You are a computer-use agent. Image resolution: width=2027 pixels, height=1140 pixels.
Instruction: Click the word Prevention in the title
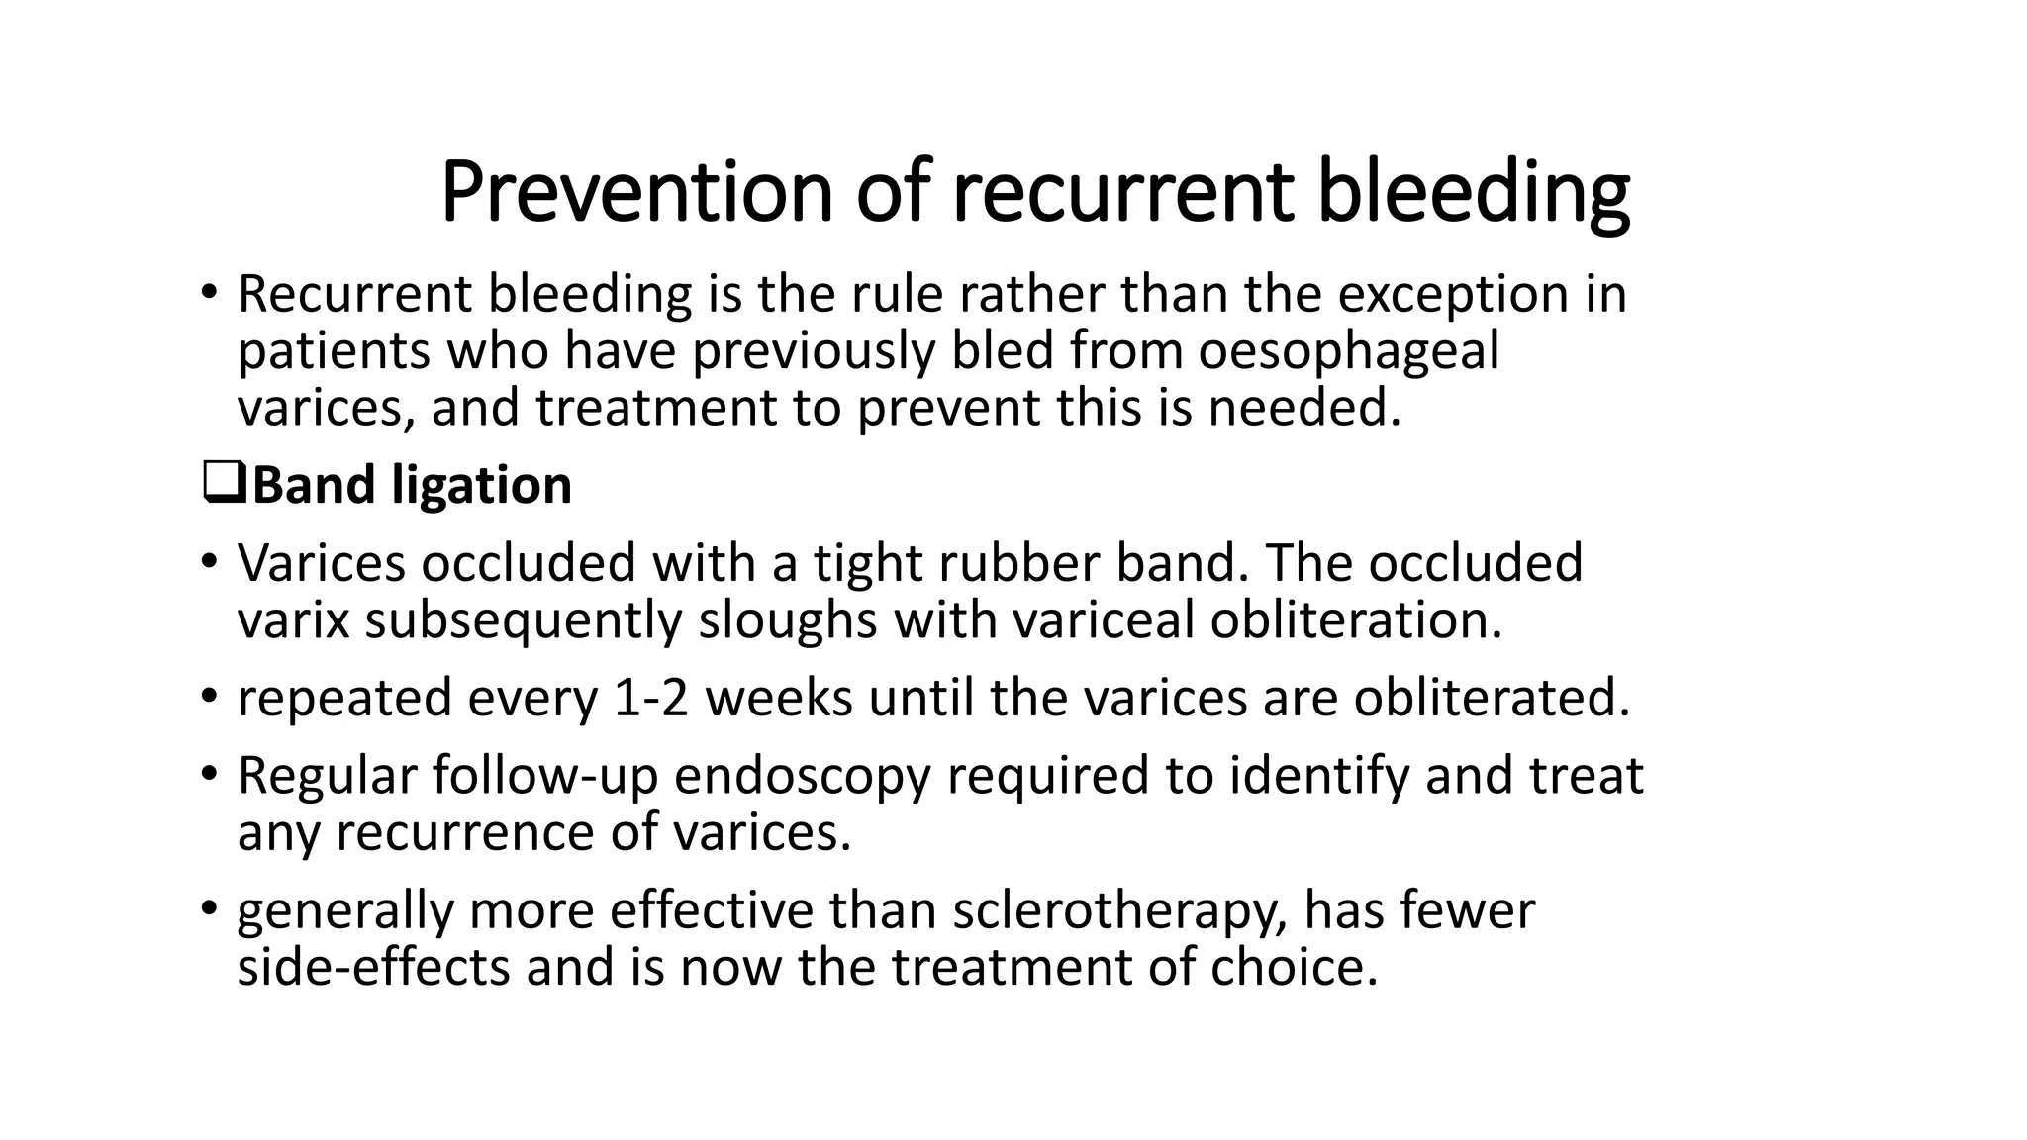[x=636, y=193]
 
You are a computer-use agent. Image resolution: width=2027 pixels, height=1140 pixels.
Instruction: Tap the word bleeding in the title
[x=1474, y=193]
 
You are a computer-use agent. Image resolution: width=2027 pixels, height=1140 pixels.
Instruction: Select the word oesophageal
[x=1348, y=351]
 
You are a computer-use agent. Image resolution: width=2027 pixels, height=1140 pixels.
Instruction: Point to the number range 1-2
[x=650, y=698]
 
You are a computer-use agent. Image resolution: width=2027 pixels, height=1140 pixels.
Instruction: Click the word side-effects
[x=373, y=967]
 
